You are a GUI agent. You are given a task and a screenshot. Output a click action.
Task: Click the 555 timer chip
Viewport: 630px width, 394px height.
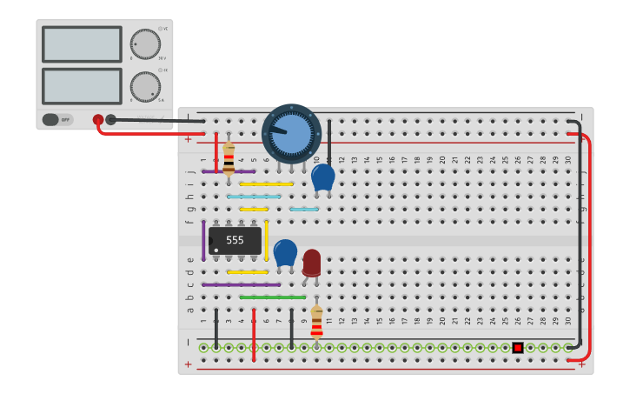pos(235,240)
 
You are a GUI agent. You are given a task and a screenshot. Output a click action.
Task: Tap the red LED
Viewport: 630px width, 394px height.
pos(311,262)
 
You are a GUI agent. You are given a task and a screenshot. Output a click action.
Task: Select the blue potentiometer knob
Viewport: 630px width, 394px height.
pos(291,132)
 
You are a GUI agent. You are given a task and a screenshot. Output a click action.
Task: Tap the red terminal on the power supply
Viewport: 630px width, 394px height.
pos(98,120)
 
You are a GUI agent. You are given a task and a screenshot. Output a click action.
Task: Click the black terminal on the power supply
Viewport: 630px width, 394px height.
pos(110,120)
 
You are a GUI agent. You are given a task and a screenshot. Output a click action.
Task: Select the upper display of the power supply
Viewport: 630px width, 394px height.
pos(82,43)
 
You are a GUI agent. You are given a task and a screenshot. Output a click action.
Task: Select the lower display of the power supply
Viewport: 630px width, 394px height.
pos(82,86)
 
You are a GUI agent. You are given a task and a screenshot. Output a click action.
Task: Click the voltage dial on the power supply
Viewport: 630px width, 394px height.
pos(145,44)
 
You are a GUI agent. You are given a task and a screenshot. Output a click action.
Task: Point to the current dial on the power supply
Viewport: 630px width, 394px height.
pos(145,87)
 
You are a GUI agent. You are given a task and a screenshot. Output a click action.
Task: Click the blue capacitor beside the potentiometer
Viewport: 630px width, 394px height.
pos(322,177)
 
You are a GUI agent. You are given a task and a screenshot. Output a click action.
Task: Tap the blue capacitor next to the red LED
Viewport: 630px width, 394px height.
pos(285,252)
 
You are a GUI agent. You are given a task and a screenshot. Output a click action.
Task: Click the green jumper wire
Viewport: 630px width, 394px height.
pos(272,297)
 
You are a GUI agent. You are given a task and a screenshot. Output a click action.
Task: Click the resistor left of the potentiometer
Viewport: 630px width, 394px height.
pos(229,159)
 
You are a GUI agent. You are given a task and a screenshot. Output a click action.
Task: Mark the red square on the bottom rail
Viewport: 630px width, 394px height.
pos(518,348)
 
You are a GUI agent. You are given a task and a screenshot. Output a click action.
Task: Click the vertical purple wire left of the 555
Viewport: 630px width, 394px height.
pos(203,240)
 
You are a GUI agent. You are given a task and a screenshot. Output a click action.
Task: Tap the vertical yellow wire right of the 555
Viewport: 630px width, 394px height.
pos(266,240)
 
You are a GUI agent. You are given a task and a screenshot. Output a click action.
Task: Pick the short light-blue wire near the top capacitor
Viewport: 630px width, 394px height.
pos(303,209)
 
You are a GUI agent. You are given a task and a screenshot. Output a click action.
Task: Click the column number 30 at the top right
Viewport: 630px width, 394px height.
pos(568,160)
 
